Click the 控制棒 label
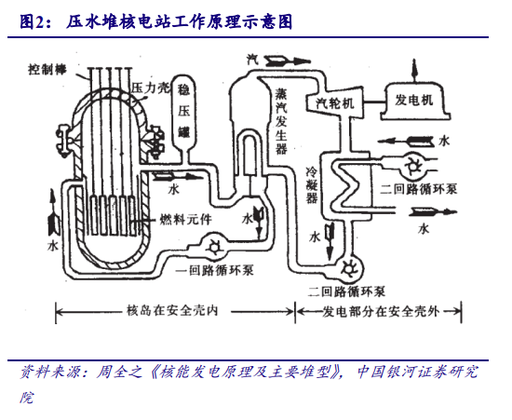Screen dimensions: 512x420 47,70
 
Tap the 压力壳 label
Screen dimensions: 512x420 151,88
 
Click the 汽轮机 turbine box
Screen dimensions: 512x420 335,102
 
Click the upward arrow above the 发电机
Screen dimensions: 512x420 414,69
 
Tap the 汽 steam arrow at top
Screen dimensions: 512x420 288,61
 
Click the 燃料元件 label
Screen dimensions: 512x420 185,220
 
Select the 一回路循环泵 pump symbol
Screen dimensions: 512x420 214,247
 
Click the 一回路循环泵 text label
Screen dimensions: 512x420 214,270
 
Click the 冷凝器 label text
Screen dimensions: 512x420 312,185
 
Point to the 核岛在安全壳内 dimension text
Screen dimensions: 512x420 172,311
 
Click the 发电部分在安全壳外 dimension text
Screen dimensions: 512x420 381,312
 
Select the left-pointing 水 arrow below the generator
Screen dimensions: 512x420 406,142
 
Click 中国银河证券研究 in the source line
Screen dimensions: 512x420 418,372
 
